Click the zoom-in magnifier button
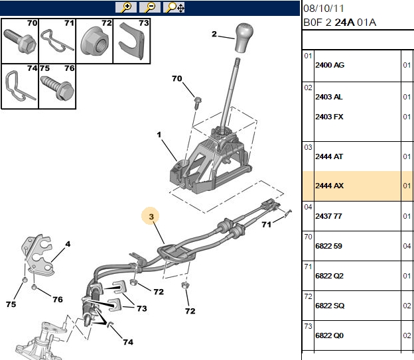[x=126, y=7]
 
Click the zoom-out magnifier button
[x=150, y=7]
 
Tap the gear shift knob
[x=243, y=38]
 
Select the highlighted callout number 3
[x=151, y=217]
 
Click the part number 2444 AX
[x=329, y=186]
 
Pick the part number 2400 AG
[x=330, y=65]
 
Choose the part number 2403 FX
[x=329, y=117]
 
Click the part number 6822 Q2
[x=329, y=276]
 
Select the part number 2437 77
[x=328, y=216]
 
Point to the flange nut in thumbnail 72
[x=94, y=42]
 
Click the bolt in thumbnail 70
[x=20, y=40]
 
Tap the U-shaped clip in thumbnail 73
[x=131, y=40]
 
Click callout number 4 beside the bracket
[x=68, y=244]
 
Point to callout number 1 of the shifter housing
[x=159, y=135]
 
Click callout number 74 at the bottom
[x=128, y=342]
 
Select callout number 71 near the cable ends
[x=267, y=225]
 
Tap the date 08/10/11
[x=324, y=9]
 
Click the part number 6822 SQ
[x=330, y=306]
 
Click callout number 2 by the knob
[x=214, y=34]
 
